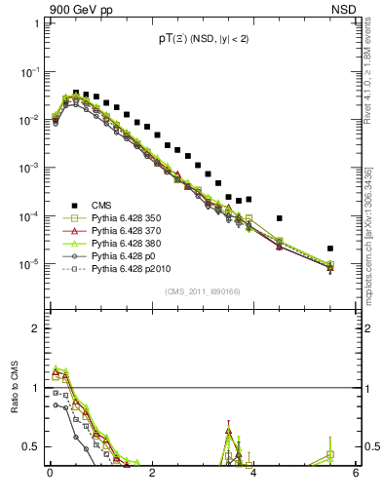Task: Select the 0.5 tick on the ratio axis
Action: [32, 447]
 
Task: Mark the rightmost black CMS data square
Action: [330, 249]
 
